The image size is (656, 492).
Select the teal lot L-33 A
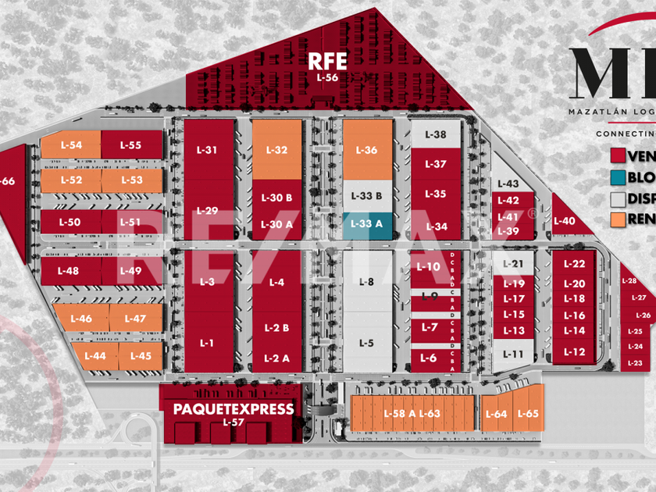tap(367, 223)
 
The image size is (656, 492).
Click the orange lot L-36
tap(367, 150)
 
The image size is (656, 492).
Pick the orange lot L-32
tap(276, 150)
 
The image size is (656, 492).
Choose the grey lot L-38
tap(436, 134)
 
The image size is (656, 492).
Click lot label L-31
tap(207, 150)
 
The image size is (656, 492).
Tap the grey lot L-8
tap(367, 282)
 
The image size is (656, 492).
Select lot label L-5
tap(367, 343)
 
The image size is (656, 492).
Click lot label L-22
tap(574, 264)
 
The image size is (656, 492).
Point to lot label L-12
tap(574, 351)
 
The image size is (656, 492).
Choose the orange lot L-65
tap(528, 414)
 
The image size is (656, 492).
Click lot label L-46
tap(81, 319)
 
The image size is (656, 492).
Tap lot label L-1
tap(207, 343)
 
